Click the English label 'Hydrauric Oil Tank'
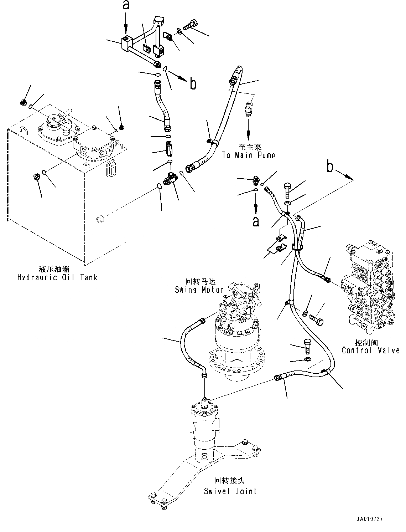57,277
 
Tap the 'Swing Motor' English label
199,290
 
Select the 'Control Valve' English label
370,351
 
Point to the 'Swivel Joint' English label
230,491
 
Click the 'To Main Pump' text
248,155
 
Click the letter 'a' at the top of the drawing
125,5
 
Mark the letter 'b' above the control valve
330,167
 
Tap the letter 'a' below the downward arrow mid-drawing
255,221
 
